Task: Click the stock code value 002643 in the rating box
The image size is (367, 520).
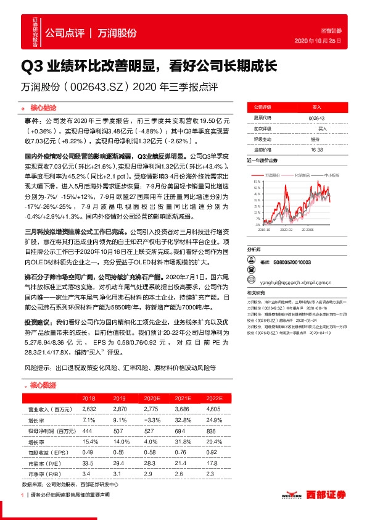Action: (x=318, y=117)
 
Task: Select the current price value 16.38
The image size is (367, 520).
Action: (x=318, y=149)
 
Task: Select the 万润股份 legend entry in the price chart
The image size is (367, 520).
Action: (x=272, y=175)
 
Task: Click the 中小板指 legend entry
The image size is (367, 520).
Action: (x=331, y=175)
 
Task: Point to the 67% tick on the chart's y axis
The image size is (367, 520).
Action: (x=257, y=182)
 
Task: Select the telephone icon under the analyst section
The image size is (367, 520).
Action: (x=250, y=272)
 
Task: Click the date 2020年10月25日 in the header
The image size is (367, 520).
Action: (x=326, y=40)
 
